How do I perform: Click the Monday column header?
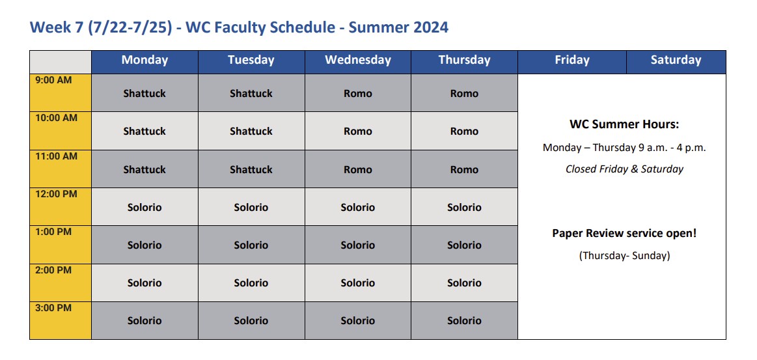point(145,60)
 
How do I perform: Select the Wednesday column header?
point(358,60)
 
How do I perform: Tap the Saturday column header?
point(676,60)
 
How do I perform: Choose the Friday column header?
point(572,60)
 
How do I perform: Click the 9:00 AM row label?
point(53,80)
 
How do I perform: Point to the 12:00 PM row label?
point(57,194)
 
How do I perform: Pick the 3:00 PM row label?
point(53,308)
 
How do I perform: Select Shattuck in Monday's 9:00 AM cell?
point(145,93)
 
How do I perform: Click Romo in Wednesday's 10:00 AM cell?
point(358,132)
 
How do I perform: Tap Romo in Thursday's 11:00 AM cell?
point(465,169)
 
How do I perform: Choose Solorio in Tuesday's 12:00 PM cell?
point(251,208)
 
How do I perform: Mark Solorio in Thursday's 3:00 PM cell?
point(465,321)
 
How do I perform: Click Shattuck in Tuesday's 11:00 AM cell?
point(251,169)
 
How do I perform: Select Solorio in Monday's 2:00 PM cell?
point(145,283)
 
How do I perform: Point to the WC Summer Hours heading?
point(624,124)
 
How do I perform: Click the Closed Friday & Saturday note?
point(624,169)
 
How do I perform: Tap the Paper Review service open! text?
point(624,234)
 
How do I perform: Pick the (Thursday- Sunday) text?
point(624,256)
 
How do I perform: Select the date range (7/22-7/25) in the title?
point(130,27)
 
